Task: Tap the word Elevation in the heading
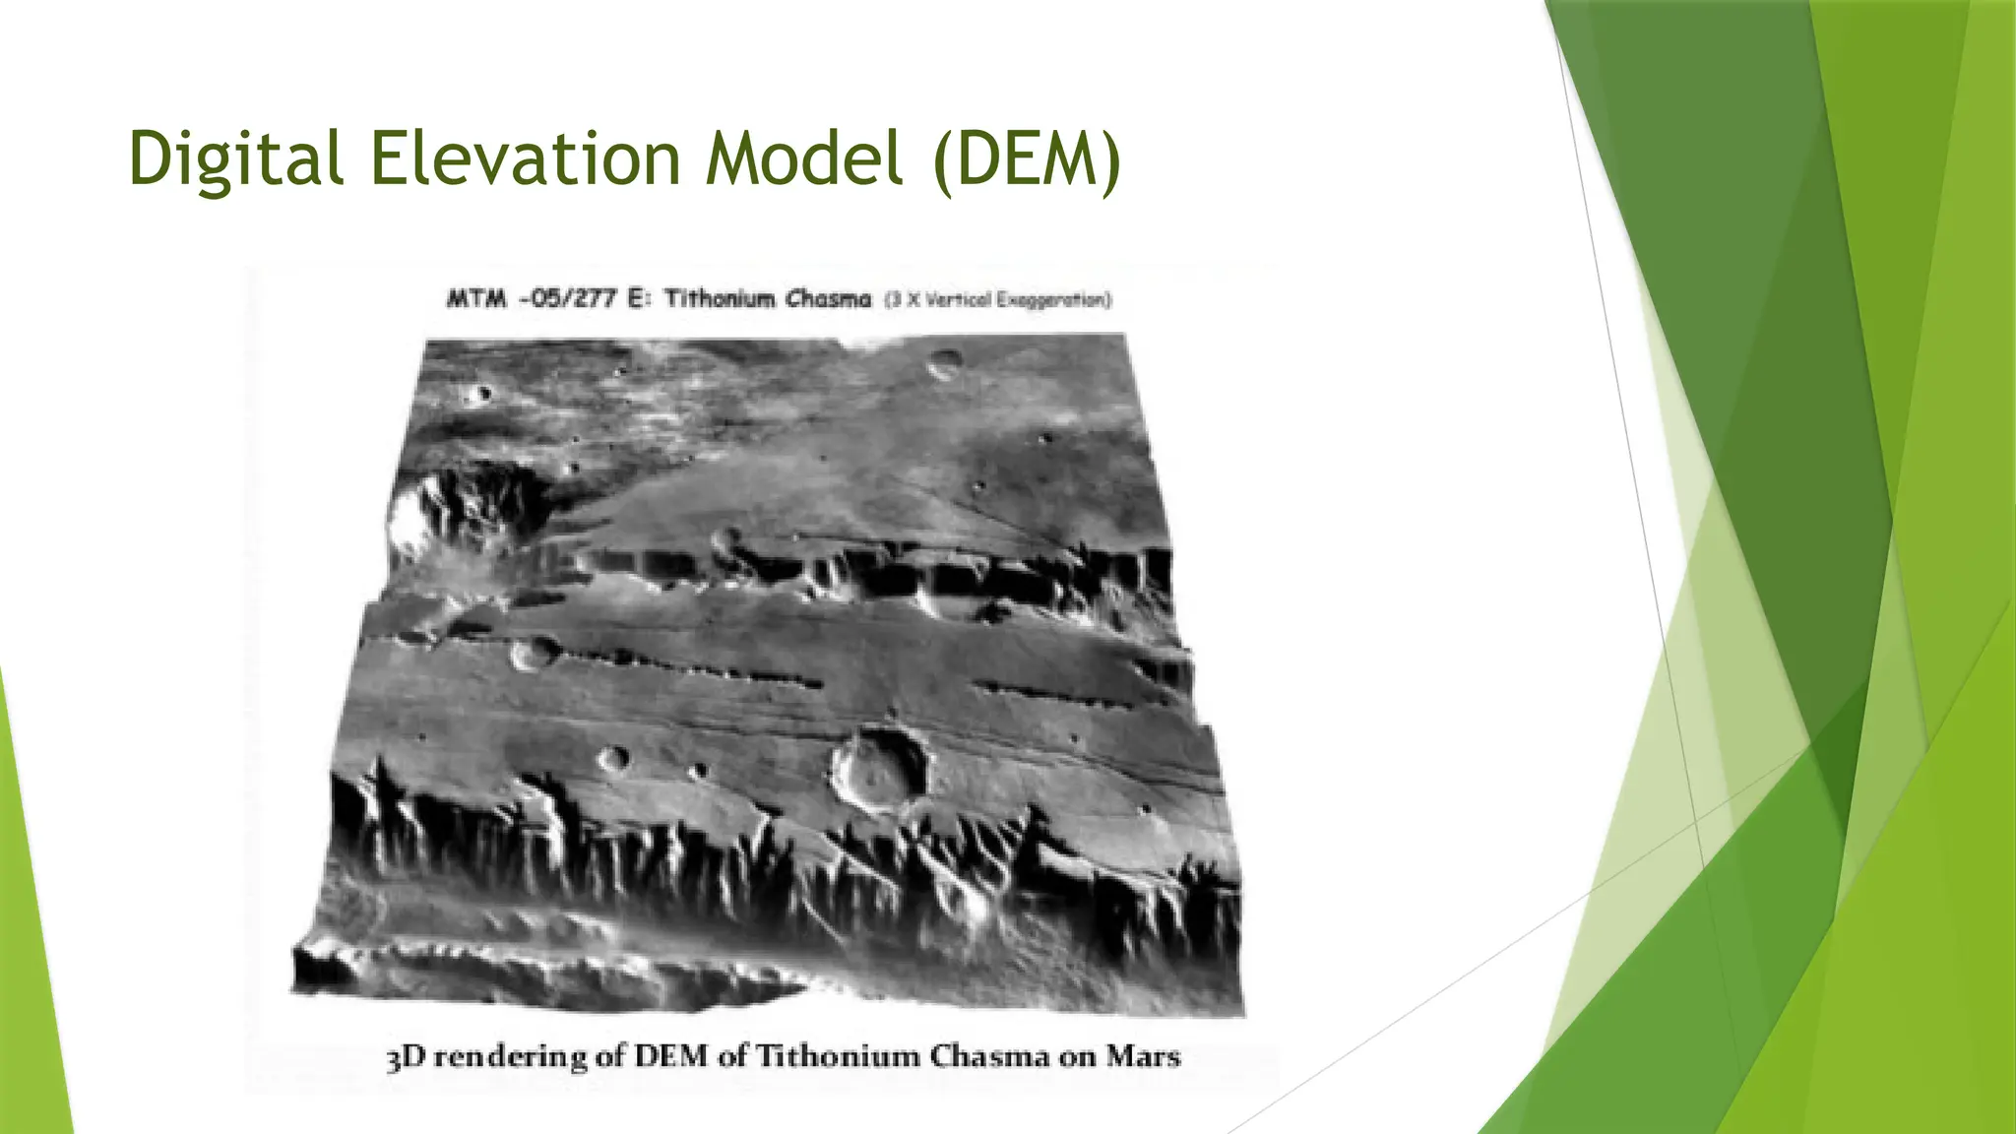525,159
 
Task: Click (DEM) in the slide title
1027,159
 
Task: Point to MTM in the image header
475,299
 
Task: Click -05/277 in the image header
568,299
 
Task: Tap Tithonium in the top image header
718,299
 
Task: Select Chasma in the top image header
828,299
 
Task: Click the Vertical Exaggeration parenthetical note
997,300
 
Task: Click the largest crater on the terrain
880,770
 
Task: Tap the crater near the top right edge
945,364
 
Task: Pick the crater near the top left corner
480,395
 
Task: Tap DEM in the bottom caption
670,1057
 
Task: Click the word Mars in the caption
1143,1057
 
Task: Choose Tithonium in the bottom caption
836,1057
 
